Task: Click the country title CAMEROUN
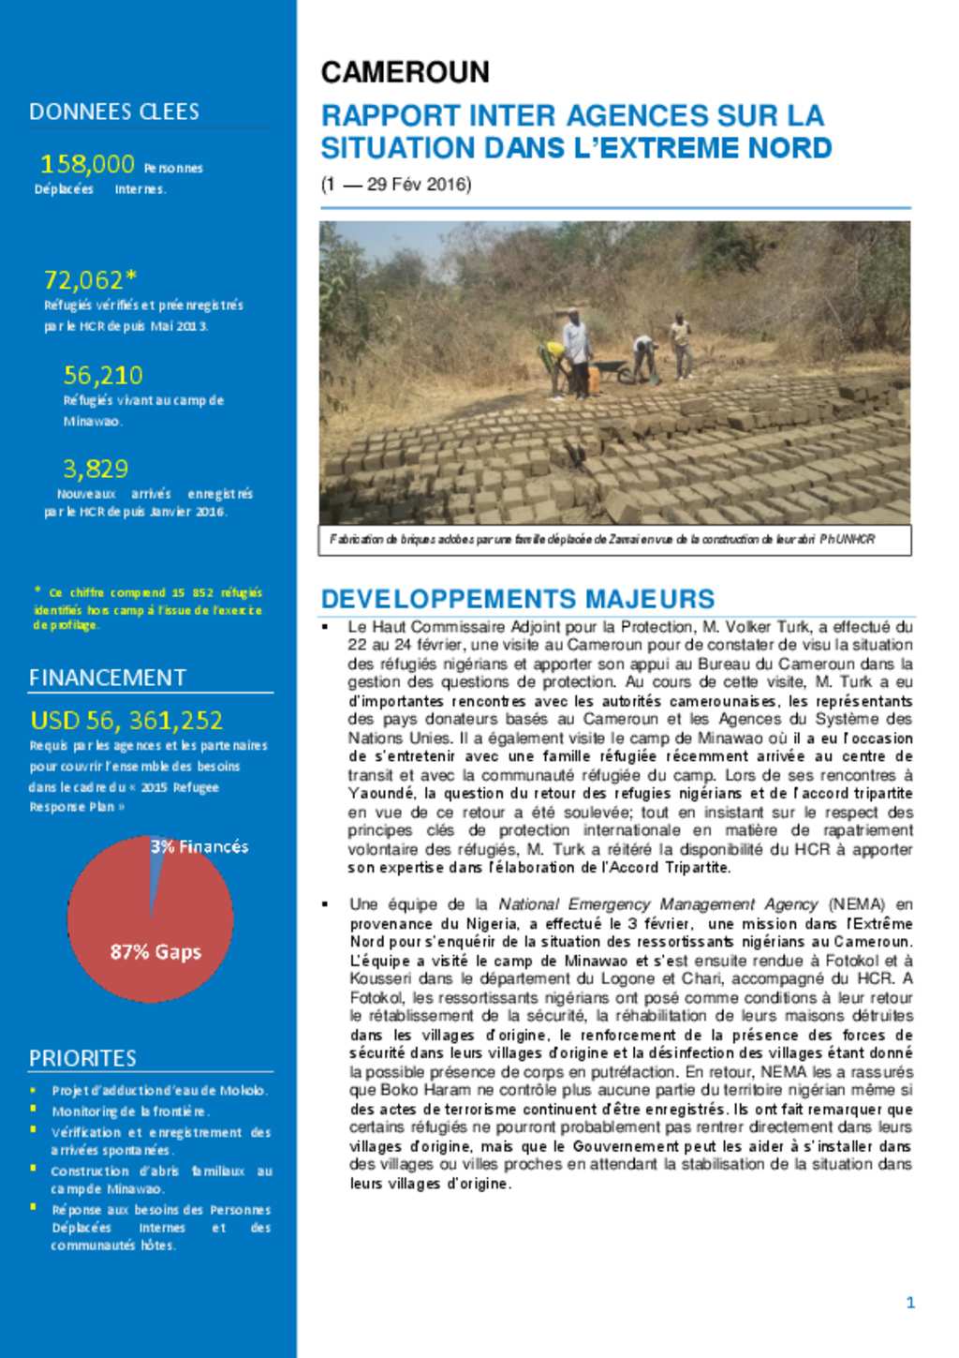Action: point(405,72)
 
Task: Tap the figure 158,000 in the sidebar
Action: point(87,164)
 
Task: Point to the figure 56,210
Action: point(103,375)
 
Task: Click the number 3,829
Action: point(96,468)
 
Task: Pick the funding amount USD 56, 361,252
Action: point(126,720)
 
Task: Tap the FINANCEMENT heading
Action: point(108,678)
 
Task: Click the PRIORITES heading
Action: point(82,1058)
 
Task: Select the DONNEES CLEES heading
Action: point(113,112)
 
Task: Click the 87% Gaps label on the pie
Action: point(155,951)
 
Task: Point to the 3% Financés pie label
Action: point(199,846)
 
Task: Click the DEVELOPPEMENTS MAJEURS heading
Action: point(517,599)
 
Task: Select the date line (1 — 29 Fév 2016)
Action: point(396,185)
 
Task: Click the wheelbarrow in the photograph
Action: point(612,369)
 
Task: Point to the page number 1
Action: point(910,1302)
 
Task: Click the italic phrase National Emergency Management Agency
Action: point(657,904)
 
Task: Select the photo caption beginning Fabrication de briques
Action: point(601,540)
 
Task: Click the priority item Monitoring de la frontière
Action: point(130,1111)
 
